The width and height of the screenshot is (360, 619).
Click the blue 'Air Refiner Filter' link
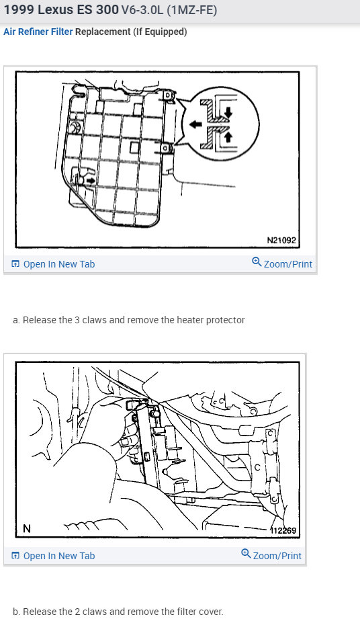tap(38, 32)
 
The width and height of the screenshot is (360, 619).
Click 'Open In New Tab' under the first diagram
tap(58, 264)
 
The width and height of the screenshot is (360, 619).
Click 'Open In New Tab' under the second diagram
tap(58, 556)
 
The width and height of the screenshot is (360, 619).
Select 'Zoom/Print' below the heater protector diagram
tap(287, 264)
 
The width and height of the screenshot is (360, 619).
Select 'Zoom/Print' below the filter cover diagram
tap(277, 556)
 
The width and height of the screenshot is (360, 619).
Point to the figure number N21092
tap(281, 240)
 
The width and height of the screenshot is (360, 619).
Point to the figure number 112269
tap(283, 530)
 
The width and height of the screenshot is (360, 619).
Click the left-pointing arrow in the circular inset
tap(194, 124)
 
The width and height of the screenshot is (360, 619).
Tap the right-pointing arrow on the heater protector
tap(89, 180)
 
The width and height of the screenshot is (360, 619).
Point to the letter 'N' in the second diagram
tap(27, 529)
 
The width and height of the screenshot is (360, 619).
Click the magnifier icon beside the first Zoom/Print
tap(257, 263)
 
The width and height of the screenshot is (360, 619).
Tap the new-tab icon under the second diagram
tap(15, 556)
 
